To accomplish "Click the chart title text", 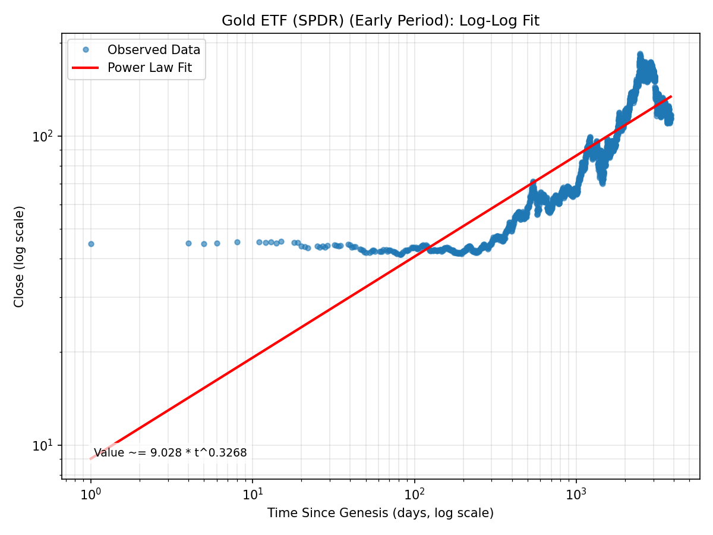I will (x=380, y=21).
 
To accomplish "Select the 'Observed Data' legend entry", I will (x=153, y=50).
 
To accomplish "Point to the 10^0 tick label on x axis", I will (x=90, y=493).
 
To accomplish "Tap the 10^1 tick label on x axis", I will (x=253, y=493).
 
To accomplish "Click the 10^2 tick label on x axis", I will (x=415, y=493).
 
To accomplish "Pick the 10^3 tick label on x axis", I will (x=576, y=493).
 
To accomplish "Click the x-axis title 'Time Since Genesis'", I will (x=380, y=513).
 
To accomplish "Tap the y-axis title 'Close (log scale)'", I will (x=20, y=257).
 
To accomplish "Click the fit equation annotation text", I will (x=170, y=453).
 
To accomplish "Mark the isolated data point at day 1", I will (x=91, y=244).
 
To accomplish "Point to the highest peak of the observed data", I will (x=640, y=55).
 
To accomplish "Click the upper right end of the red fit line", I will (x=671, y=96).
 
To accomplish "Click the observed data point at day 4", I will (x=188, y=243).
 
